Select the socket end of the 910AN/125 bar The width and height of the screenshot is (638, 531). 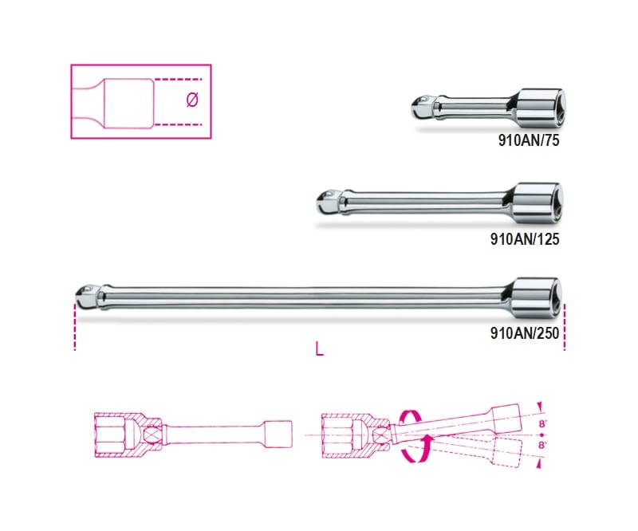click(x=536, y=201)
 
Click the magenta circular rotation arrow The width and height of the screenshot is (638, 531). click(x=412, y=435)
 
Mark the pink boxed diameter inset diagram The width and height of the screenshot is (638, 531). click(x=141, y=101)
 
